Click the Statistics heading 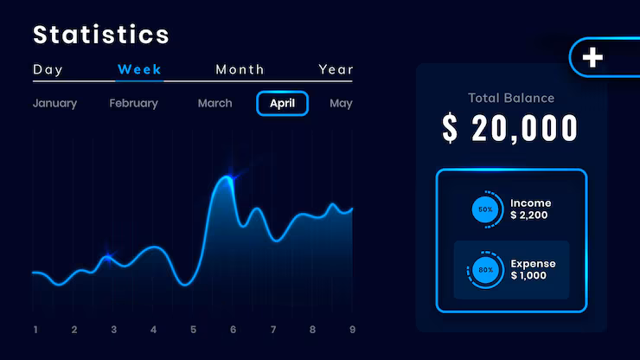[x=101, y=35]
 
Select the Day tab [x=48, y=69]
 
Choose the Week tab [x=139, y=69]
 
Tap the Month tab [x=240, y=69]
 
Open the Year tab [x=336, y=69]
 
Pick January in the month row [x=54, y=103]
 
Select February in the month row [x=133, y=103]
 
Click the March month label [x=214, y=103]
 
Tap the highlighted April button [x=282, y=103]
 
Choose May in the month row [x=341, y=103]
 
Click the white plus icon [x=592, y=57]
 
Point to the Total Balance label [x=511, y=98]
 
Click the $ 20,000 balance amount [x=510, y=128]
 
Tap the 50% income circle [x=485, y=209]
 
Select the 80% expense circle [x=485, y=270]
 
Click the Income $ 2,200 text [x=531, y=209]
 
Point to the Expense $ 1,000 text [x=533, y=269]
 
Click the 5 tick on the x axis [x=193, y=330]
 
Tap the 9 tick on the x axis [x=352, y=330]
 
